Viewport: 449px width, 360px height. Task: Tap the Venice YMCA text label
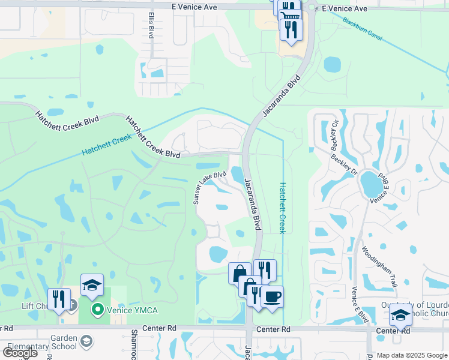pos(133,310)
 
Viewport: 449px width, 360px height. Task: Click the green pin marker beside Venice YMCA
pos(98,310)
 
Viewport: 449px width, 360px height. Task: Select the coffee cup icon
pos(272,296)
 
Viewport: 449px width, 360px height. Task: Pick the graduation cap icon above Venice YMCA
pos(92,286)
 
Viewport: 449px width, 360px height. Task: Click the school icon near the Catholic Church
pos(400,314)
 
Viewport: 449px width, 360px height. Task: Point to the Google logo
pos(20,352)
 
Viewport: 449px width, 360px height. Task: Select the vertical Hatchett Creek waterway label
pos(283,208)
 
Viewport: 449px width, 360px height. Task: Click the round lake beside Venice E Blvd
pos(372,187)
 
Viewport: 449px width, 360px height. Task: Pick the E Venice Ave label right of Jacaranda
pos(344,8)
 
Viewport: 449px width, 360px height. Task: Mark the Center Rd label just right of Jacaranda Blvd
pos(277,329)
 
